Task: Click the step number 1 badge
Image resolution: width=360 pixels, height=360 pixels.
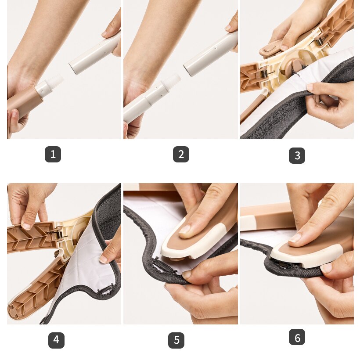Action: [x=53, y=154]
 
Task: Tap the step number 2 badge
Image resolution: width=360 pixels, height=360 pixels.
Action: [x=181, y=154]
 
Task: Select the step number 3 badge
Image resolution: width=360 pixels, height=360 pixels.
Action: [x=297, y=155]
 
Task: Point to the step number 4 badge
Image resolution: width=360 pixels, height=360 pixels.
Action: [x=56, y=340]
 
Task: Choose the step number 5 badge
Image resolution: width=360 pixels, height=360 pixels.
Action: [x=176, y=340]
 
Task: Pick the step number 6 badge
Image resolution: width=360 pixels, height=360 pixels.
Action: [x=297, y=337]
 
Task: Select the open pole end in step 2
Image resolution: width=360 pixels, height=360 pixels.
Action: [x=188, y=69]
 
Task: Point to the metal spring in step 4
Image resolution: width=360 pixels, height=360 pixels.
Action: [x=59, y=234]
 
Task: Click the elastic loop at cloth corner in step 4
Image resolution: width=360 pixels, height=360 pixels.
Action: [x=106, y=291]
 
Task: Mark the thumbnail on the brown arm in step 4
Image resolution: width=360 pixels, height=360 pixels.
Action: [x=26, y=226]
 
